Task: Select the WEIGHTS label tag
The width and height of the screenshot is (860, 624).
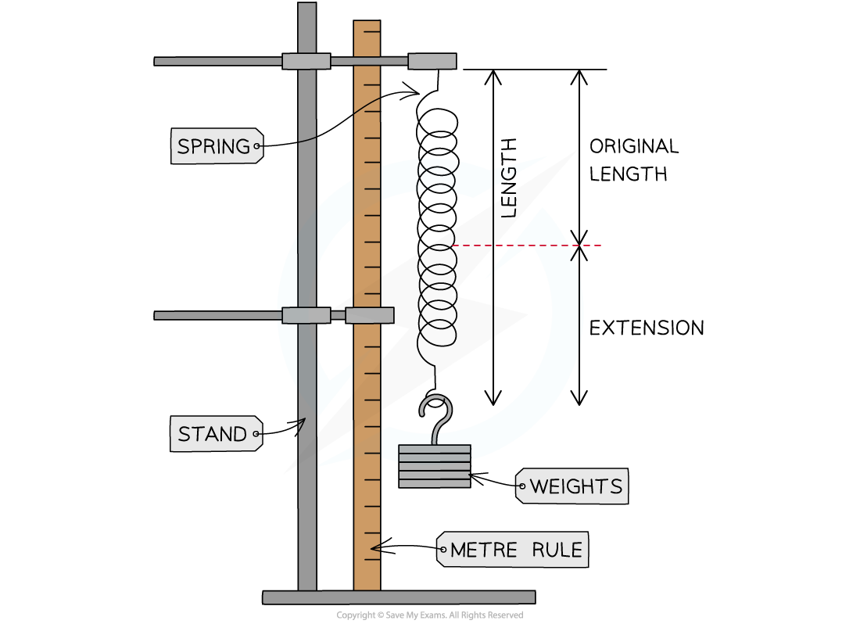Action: click(573, 486)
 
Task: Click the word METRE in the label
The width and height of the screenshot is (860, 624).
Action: click(484, 550)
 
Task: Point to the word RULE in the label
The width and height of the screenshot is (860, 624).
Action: click(557, 550)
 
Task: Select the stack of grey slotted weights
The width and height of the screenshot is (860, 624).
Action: click(435, 466)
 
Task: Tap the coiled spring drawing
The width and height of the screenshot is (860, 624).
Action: click(436, 176)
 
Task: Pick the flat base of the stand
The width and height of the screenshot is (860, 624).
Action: click(399, 597)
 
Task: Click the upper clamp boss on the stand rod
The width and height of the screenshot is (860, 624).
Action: click(306, 61)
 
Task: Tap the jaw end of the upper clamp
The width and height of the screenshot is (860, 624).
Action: click(432, 61)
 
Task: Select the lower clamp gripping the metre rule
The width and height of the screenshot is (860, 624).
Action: click(369, 315)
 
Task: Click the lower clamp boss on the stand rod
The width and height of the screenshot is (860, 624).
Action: click(306, 315)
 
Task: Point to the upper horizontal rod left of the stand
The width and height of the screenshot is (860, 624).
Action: click(218, 61)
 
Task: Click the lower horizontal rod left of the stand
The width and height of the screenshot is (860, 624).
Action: click(218, 315)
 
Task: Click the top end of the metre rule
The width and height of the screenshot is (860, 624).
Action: click(367, 25)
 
